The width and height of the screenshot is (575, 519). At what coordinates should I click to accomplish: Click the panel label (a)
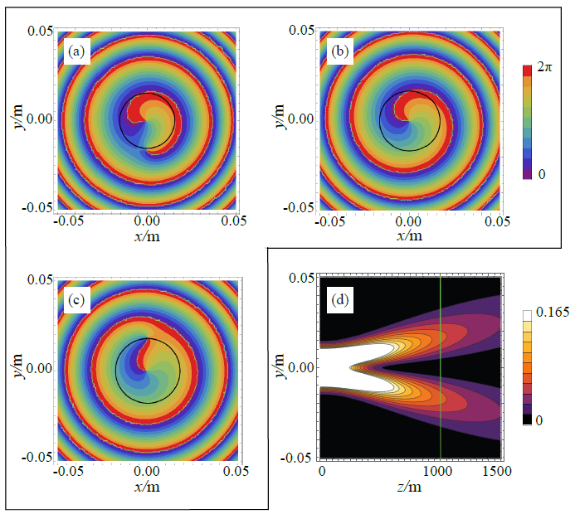point(76,51)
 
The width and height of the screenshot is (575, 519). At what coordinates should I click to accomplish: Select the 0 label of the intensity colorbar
point(538,421)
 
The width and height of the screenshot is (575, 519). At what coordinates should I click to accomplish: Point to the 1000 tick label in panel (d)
point(437,472)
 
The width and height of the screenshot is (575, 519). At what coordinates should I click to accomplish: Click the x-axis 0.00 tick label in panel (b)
point(408,222)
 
